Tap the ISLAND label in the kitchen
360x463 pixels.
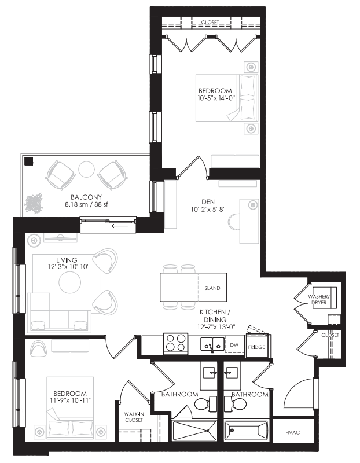tap(211, 288)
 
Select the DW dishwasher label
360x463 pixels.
tap(234, 345)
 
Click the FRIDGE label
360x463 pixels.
tap(256, 347)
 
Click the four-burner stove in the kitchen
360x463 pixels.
tap(177, 343)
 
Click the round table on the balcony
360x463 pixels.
tap(87, 169)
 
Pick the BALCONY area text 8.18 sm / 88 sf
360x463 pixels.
tap(55, 203)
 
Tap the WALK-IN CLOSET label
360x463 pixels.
tap(134, 417)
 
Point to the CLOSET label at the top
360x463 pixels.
tap(210, 23)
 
